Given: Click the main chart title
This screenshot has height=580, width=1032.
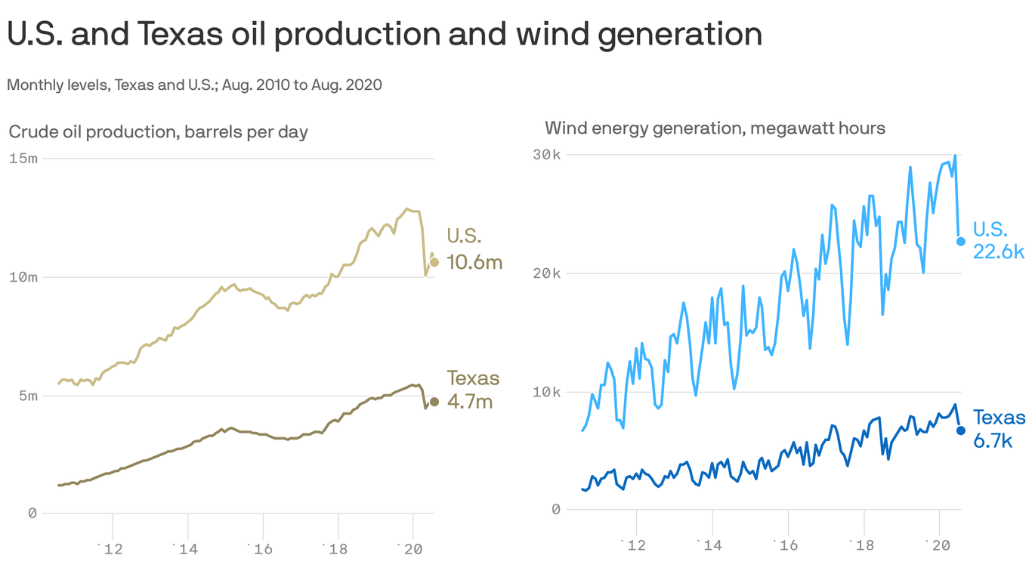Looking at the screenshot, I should pyautogui.click(x=385, y=34).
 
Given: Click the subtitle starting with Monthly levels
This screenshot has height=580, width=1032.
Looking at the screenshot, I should pyautogui.click(x=194, y=85).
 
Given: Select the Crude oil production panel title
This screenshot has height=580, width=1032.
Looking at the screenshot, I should pyautogui.click(x=158, y=132).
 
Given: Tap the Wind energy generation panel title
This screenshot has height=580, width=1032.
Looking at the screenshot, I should pyautogui.click(x=715, y=128).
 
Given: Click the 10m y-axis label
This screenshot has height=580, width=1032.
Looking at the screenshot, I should pyautogui.click(x=23, y=277).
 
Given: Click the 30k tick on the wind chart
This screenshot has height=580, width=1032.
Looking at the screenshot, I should pyautogui.click(x=547, y=155).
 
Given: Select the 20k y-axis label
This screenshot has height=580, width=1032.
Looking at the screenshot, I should pyautogui.click(x=547, y=273).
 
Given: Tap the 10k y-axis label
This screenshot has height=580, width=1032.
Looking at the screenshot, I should pyautogui.click(x=547, y=392).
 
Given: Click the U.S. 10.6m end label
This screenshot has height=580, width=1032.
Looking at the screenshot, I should pyautogui.click(x=474, y=249).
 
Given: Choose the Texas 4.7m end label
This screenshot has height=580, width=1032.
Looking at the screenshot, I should pyautogui.click(x=473, y=389).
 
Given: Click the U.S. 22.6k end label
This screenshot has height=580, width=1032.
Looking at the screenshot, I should pyautogui.click(x=999, y=241).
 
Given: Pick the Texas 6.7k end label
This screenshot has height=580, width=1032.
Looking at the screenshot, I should pyautogui.click(x=999, y=429).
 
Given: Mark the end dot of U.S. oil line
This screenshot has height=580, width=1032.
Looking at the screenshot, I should pyautogui.click(x=434, y=262).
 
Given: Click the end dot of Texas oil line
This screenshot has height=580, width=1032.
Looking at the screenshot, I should pyautogui.click(x=434, y=402).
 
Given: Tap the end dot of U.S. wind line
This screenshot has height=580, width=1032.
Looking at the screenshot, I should pyautogui.click(x=960, y=242).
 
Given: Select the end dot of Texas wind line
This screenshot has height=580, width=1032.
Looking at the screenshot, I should pyautogui.click(x=960, y=430).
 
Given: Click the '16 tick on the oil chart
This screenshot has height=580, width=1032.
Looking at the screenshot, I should pyautogui.click(x=261, y=549).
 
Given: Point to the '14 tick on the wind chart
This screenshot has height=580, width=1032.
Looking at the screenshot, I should pyautogui.click(x=710, y=545).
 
